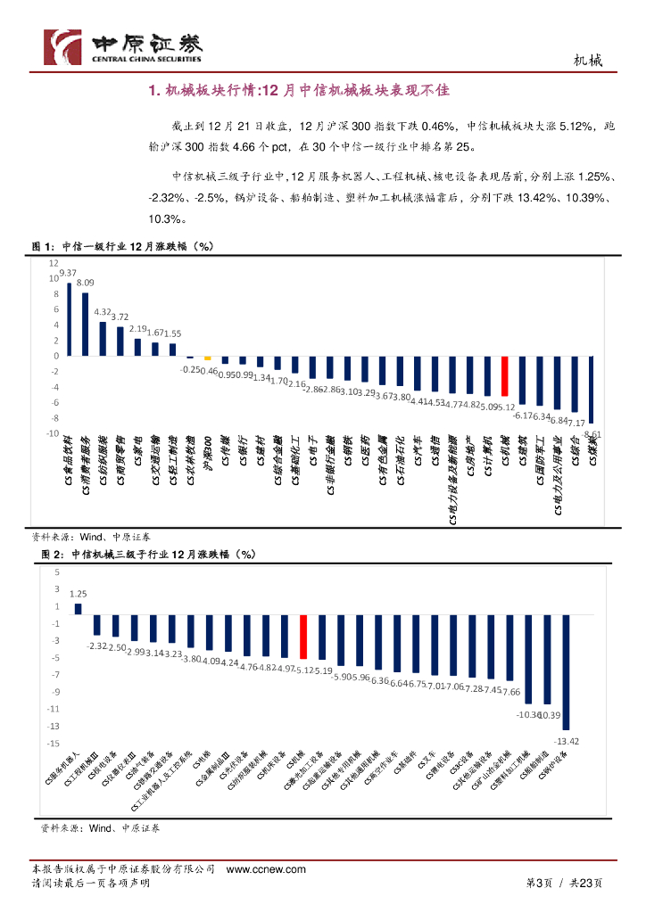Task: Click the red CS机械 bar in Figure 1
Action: pos(504,375)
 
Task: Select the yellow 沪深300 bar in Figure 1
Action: pos(207,358)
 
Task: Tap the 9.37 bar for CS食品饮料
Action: pos(69,319)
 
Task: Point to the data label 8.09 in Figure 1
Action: pos(86,283)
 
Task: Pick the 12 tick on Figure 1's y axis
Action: pos(54,264)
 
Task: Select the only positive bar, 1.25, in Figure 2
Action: pos(78,609)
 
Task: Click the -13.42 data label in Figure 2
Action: pos(567,741)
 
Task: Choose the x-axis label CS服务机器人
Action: pos(62,767)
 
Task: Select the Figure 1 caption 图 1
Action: pos(44,246)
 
